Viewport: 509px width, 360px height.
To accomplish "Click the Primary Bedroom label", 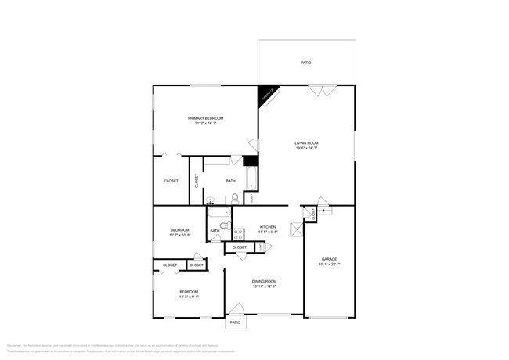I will click(x=204, y=118).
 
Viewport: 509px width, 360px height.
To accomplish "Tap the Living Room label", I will click(x=306, y=143).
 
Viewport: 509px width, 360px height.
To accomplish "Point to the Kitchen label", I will click(x=268, y=227).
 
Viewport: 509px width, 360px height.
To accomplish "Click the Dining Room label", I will click(x=264, y=281).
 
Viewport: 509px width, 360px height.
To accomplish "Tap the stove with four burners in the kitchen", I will click(x=238, y=232).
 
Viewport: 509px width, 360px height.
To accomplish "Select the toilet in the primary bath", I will click(x=234, y=198).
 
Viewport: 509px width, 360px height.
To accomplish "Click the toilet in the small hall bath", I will click(x=223, y=226).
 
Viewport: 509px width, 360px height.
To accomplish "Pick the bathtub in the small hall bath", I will click(x=218, y=212).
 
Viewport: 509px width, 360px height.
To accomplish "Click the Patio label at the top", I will click(x=306, y=63).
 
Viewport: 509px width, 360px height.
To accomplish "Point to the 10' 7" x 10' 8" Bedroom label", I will click(x=180, y=230).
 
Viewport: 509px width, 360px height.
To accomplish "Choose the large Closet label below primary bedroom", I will click(x=171, y=181).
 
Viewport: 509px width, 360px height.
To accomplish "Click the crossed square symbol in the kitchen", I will click(x=296, y=230).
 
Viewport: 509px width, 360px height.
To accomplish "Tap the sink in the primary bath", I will click(x=210, y=201).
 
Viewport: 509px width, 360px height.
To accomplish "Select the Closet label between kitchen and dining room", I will click(x=240, y=247).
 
